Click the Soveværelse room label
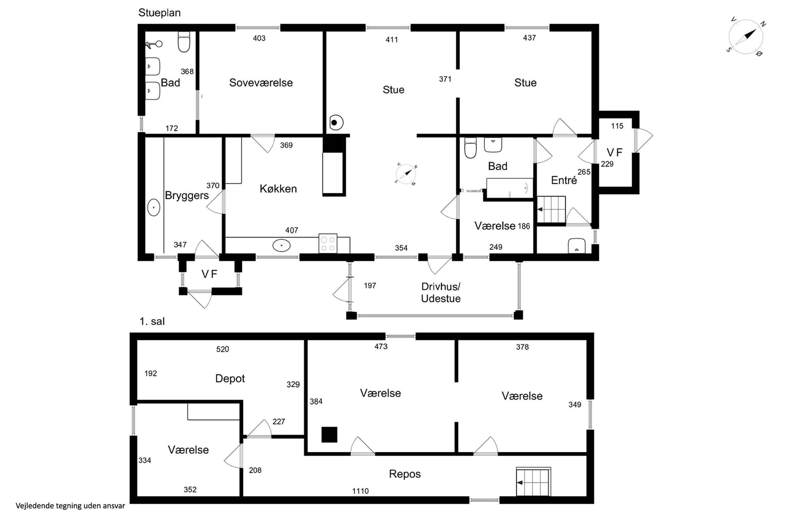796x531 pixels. pyautogui.click(x=261, y=83)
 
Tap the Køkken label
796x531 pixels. pyautogui.click(x=278, y=189)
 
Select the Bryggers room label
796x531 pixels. pyautogui.click(x=187, y=196)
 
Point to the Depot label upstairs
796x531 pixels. pyautogui.click(x=230, y=378)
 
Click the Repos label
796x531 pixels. pyautogui.click(x=405, y=474)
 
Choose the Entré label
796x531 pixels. pyautogui.click(x=564, y=180)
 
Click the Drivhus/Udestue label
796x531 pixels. pyautogui.click(x=441, y=293)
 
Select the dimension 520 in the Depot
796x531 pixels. pyautogui.click(x=223, y=349)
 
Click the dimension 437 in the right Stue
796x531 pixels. pyautogui.click(x=529, y=38)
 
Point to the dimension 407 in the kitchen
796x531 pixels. pyautogui.click(x=291, y=231)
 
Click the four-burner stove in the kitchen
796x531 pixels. pyautogui.click(x=328, y=243)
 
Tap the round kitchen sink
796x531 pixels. pyautogui.click(x=281, y=245)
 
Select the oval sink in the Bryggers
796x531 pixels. pyautogui.click(x=154, y=207)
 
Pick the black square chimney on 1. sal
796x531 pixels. pyautogui.click(x=329, y=434)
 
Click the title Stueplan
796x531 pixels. pyautogui.click(x=159, y=13)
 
